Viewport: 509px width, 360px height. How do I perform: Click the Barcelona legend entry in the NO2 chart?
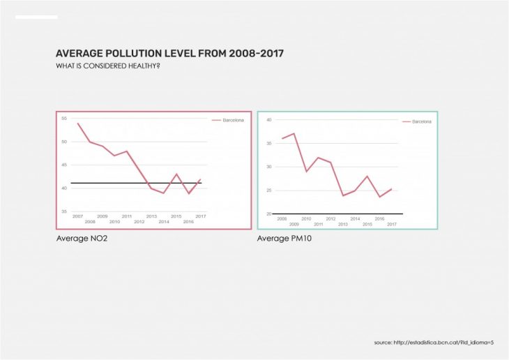[233, 120]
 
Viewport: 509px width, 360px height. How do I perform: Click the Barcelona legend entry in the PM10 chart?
[421, 121]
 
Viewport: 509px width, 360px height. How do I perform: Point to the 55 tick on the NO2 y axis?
[64, 119]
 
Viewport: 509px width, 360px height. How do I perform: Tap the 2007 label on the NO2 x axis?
[77, 216]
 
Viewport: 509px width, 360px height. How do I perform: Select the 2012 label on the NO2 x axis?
[139, 222]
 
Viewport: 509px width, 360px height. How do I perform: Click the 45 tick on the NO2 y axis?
[64, 165]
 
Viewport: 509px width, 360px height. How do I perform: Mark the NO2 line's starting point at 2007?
[77, 123]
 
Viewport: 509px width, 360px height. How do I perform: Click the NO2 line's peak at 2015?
[176, 174]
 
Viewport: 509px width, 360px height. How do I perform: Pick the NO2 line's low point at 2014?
[164, 193]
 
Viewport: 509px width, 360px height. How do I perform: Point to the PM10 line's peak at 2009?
[294, 133]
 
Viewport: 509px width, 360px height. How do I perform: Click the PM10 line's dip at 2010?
[306, 171]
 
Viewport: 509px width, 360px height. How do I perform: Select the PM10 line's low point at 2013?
[343, 195]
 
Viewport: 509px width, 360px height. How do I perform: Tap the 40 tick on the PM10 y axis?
[269, 120]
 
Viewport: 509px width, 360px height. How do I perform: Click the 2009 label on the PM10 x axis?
[294, 224]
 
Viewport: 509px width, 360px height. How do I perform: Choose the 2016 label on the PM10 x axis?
[379, 218]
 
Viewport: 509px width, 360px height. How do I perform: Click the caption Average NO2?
[82, 239]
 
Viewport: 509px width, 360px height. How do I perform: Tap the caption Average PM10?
[283, 239]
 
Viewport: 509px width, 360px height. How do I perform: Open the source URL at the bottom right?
[434, 343]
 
